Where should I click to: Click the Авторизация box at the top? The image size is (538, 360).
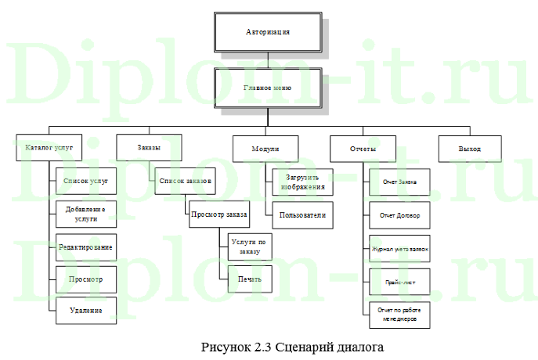(268, 32)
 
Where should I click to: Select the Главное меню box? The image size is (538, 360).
(268, 88)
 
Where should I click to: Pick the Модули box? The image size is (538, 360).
(265, 148)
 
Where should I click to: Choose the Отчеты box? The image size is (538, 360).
(363, 148)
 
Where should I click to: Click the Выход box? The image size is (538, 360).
(470, 148)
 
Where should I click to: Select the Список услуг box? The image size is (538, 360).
(85, 181)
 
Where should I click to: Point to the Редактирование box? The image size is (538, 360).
(85, 247)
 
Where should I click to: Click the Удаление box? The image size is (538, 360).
(85, 311)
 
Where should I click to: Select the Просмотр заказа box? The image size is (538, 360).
(219, 214)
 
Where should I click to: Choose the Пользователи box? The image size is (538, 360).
(301, 214)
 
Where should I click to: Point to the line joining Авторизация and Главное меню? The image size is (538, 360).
(268, 59)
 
